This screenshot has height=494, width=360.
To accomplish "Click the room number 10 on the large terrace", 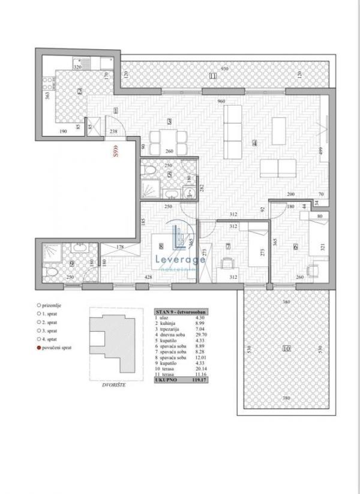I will tap(286, 349).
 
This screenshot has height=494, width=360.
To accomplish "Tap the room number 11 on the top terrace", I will tap(213, 76).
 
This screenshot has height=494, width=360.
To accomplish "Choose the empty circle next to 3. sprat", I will tap(39, 330).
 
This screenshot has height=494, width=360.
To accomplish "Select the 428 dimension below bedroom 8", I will tap(147, 278).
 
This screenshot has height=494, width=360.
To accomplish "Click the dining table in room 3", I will tap(163, 136).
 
